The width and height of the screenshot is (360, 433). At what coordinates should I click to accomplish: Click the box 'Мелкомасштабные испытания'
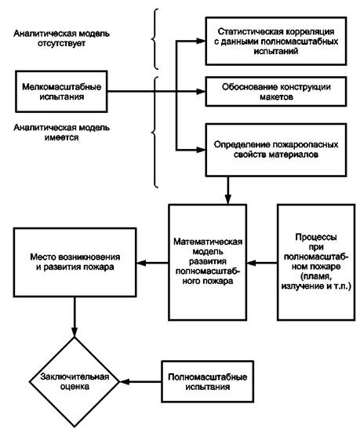[61, 92]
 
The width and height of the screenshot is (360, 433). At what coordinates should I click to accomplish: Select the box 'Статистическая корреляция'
[276, 41]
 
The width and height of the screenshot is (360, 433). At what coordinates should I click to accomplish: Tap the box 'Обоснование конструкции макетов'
[276, 92]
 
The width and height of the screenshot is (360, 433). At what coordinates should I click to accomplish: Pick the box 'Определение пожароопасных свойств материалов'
[276, 150]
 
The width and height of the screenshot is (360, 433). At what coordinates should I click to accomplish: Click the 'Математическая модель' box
[208, 262]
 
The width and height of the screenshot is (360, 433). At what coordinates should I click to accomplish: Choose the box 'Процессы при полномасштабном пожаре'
[316, 262]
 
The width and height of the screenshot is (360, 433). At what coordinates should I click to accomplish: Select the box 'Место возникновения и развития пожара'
[75, 262]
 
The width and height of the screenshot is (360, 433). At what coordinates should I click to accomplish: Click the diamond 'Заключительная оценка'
[75, 382]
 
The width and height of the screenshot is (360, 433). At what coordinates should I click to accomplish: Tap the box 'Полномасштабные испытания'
[208, 382]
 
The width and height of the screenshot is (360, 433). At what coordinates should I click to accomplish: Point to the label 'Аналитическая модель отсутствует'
[61, 38]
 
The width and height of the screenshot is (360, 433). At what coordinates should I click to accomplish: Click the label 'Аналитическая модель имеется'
[61, 133]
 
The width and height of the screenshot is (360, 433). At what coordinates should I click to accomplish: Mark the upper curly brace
[155, 38]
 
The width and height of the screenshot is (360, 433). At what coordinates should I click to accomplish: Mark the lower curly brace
[155, 133]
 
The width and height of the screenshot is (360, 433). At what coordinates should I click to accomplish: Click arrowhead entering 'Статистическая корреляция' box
[201, 41]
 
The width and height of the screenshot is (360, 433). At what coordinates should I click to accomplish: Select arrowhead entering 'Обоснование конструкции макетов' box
[201, 92]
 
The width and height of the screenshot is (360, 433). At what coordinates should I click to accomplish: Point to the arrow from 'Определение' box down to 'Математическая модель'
[227, 191]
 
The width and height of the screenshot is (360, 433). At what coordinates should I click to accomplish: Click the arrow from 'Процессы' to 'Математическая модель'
[262, 263]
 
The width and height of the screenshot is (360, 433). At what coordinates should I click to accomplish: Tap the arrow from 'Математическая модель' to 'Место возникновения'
[152, 263]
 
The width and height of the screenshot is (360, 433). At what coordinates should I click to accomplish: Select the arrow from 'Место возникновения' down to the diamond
[75, 317]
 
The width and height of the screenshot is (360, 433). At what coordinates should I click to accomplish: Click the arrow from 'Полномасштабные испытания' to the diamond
[140, 382]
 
